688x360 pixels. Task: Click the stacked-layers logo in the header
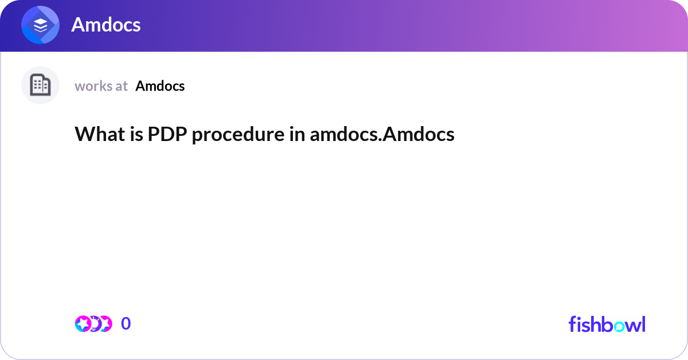[x=41, y=25]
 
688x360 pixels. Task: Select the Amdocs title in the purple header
[x=106, y=25]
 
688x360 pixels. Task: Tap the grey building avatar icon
[x=40, y=85]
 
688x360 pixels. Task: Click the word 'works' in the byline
[x=93, y=86]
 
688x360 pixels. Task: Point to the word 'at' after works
[x=122, y=86]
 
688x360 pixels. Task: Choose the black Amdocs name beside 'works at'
[x=160, y=86]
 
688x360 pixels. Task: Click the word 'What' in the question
[x=95, y=134]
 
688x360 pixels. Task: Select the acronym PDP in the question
[x=162, y=134]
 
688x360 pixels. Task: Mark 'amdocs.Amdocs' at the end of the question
[x=382, y=134]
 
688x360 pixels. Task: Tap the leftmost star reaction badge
[x=83, y=324]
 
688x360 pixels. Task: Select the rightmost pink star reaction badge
[x=105, y=324]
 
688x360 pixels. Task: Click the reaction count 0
[x=126, y=324]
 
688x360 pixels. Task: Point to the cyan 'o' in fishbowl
[x=617, y=325]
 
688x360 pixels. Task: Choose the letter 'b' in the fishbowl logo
[x=604, y=324]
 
